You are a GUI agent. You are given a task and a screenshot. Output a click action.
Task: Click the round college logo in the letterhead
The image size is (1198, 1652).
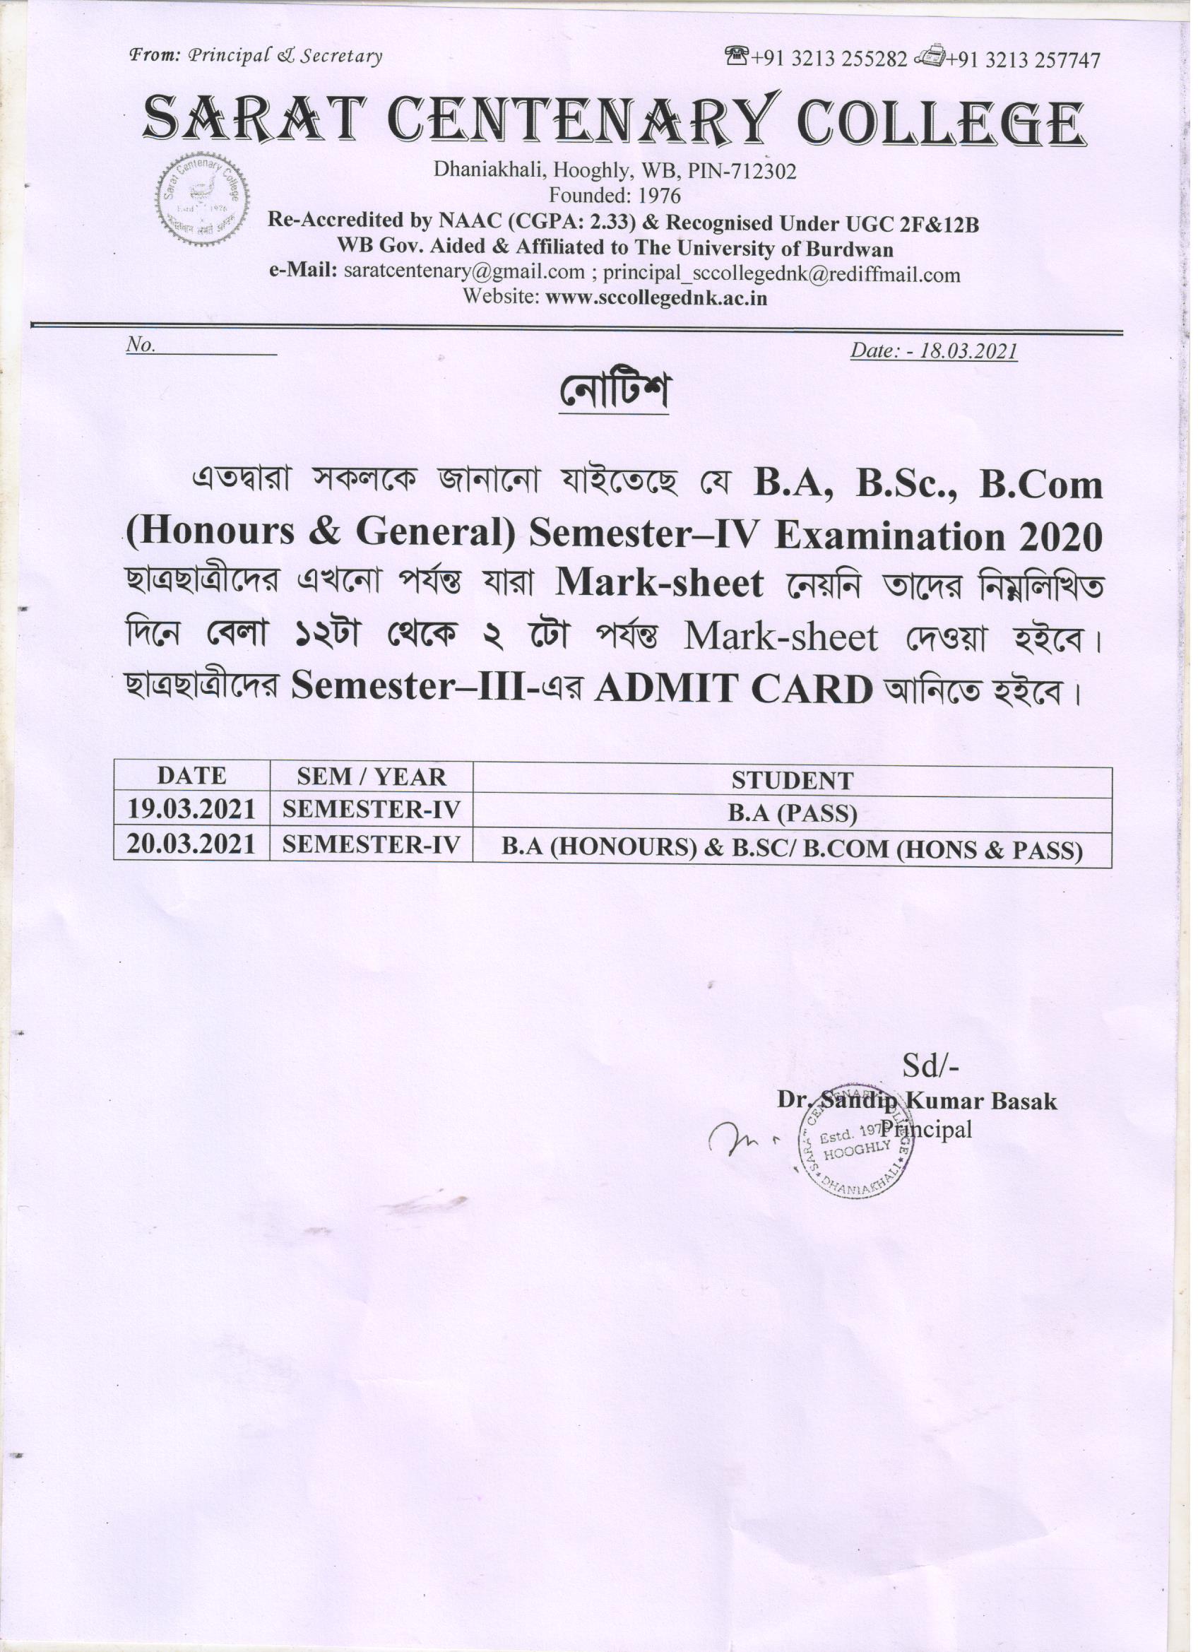[203, 203]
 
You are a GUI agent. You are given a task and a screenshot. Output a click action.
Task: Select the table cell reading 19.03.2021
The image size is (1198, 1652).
[191, 809]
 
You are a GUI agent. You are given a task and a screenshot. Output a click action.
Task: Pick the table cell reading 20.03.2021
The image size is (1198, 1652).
[191, 844]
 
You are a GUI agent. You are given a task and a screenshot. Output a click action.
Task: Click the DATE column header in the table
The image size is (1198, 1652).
[191, 777]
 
